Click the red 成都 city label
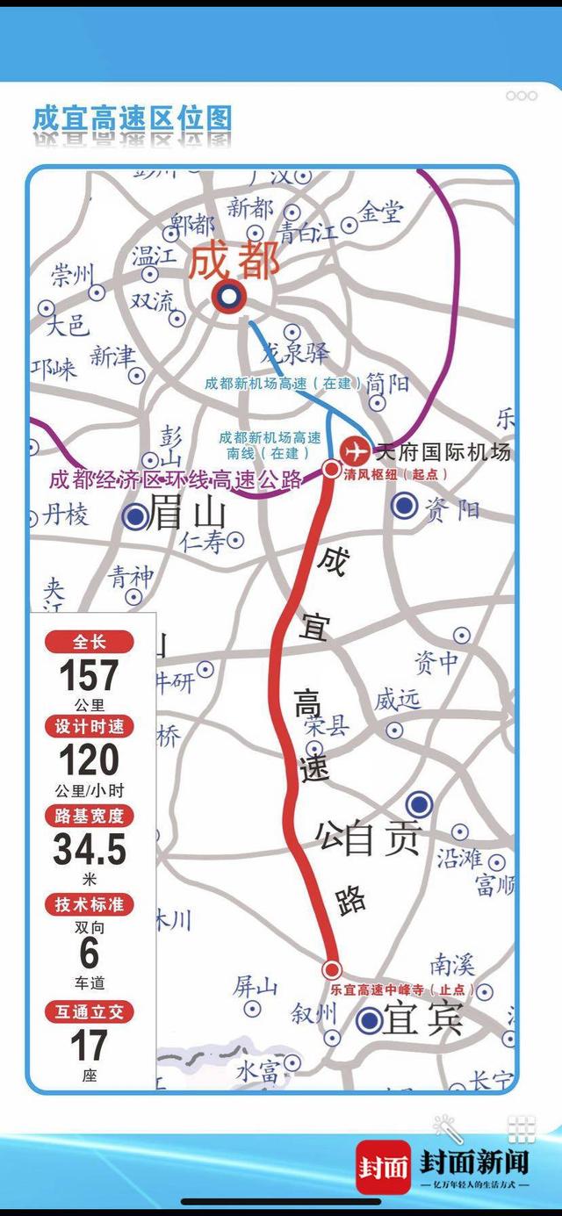pyautogui.click(x=234, y=262)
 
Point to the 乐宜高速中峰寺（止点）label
pyautogui.click(x=402, y=989)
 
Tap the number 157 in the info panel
pyautogui.click(x=89, y=676)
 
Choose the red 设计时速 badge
pyautogui.click(x=89, y=727)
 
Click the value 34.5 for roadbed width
pyautogui.click(x=89, y=850)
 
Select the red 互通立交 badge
pyautogui.click(x=89, y=1012)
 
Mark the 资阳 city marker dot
pyautogui.click(x=404, y=505)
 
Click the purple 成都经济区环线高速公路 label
pyautogui.click(x=176, y=479)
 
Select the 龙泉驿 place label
pyautogui.click(x=297, y=353)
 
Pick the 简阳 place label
pyautogui.click(x=387, y=383)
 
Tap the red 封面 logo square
pyautogui.click(x=383, y=1167)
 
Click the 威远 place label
pyautogui.click(x=397, y=700)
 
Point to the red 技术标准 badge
pyautogui.click(x=89, y=905)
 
